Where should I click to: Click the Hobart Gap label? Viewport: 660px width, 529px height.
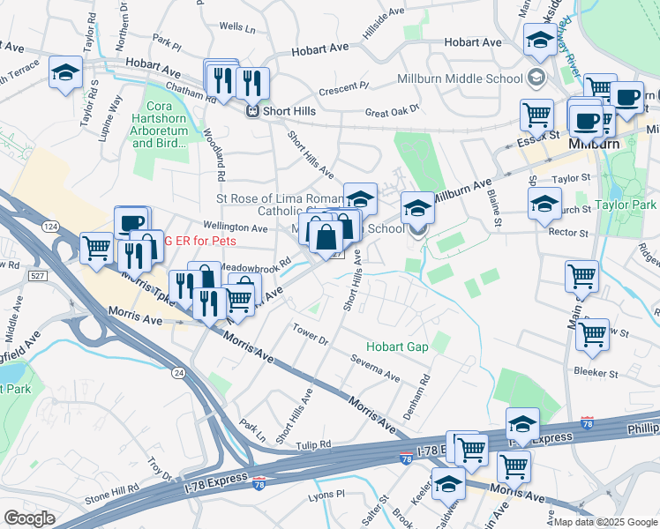399,346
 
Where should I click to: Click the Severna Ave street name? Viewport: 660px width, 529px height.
375,374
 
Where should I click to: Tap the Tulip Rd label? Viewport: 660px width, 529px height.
312,446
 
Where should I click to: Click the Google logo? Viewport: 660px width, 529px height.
29,518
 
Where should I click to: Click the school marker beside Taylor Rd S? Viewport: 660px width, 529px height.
65,74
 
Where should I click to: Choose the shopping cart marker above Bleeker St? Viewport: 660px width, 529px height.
592,334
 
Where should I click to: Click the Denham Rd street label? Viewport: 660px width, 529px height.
424,384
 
